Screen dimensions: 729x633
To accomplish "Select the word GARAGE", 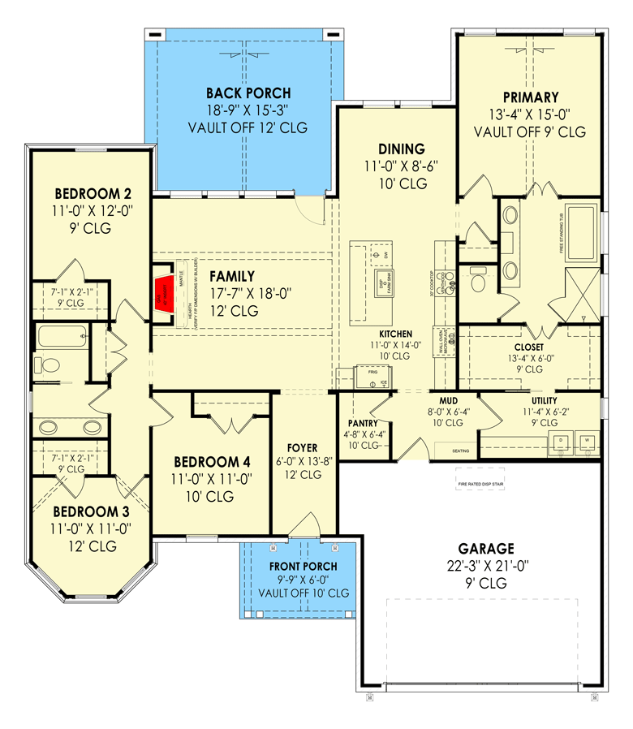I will [484, 549].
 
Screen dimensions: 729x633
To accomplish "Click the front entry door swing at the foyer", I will [306, 525].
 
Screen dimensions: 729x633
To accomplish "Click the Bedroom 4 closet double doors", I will [233, 423].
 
